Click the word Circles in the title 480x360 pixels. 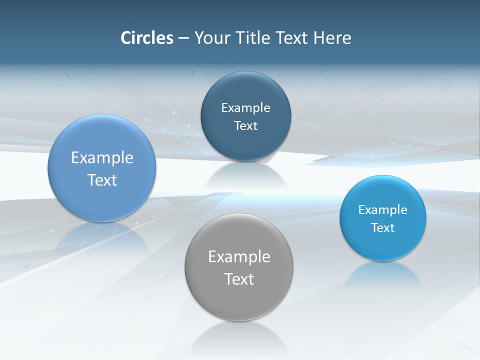(147, 38)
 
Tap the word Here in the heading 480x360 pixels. (332, 38)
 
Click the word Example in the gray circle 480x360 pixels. (239, 256)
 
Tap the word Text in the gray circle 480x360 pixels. (239, 279)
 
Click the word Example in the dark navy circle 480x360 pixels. (245, 107)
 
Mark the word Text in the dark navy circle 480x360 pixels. (245, 125)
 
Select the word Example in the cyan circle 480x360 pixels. (383, 209)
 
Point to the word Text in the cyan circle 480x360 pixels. (383, 227)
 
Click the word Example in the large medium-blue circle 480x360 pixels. (102, 157)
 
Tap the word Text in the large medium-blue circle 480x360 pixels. (102, 180)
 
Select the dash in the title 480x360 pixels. (183, 38)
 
